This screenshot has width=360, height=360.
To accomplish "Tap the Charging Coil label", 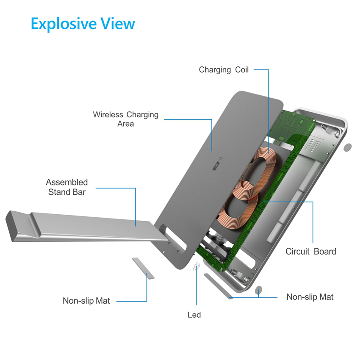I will click(224, 70).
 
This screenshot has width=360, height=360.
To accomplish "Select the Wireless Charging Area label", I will click(126, 119).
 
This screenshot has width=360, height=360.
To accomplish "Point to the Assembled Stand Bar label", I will click(67, 187).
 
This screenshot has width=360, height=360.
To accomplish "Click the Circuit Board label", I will click(310, 252).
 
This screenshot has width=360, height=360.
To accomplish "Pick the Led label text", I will click(194, 315).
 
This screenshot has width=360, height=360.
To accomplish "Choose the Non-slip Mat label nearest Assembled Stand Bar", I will click(86, 301).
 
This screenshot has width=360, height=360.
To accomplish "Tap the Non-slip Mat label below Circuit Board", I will click(310, 297).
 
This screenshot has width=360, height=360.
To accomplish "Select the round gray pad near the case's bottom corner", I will click(258, 290).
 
